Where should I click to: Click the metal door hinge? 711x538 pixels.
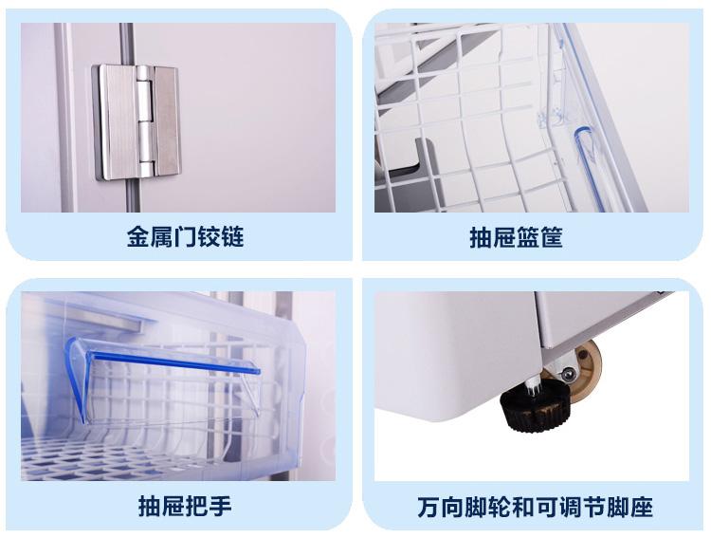137,121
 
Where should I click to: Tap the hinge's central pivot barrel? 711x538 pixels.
144,121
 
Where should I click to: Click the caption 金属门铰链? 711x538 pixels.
185,237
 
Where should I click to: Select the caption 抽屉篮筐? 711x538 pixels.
516,237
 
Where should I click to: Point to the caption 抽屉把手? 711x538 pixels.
185,507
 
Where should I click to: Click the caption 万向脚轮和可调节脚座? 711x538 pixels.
535,507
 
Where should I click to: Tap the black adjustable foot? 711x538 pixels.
535,405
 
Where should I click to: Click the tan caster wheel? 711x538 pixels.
585,370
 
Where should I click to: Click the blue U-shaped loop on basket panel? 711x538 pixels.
587,168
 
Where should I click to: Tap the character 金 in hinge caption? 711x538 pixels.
137,237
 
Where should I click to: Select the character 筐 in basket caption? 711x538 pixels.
552,237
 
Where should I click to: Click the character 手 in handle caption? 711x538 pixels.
221,507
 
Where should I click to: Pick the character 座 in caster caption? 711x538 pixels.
641,507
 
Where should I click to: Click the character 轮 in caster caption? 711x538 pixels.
500,507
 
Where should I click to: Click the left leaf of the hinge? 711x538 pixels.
118,121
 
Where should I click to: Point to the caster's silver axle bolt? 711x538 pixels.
567,374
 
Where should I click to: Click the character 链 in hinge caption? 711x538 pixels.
232,237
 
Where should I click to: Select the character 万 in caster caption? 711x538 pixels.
428,507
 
